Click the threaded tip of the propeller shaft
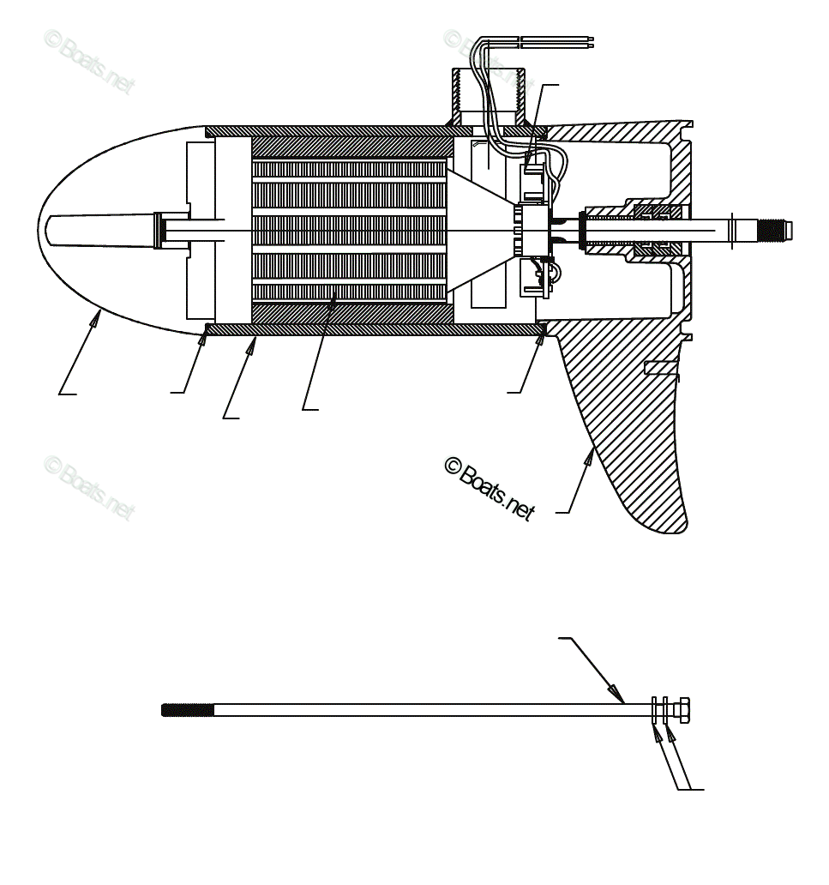(775, 230)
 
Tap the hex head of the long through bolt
(682, 710)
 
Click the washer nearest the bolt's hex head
(665, 710)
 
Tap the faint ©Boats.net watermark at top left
(89, 62)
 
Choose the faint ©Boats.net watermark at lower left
(89, 487)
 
